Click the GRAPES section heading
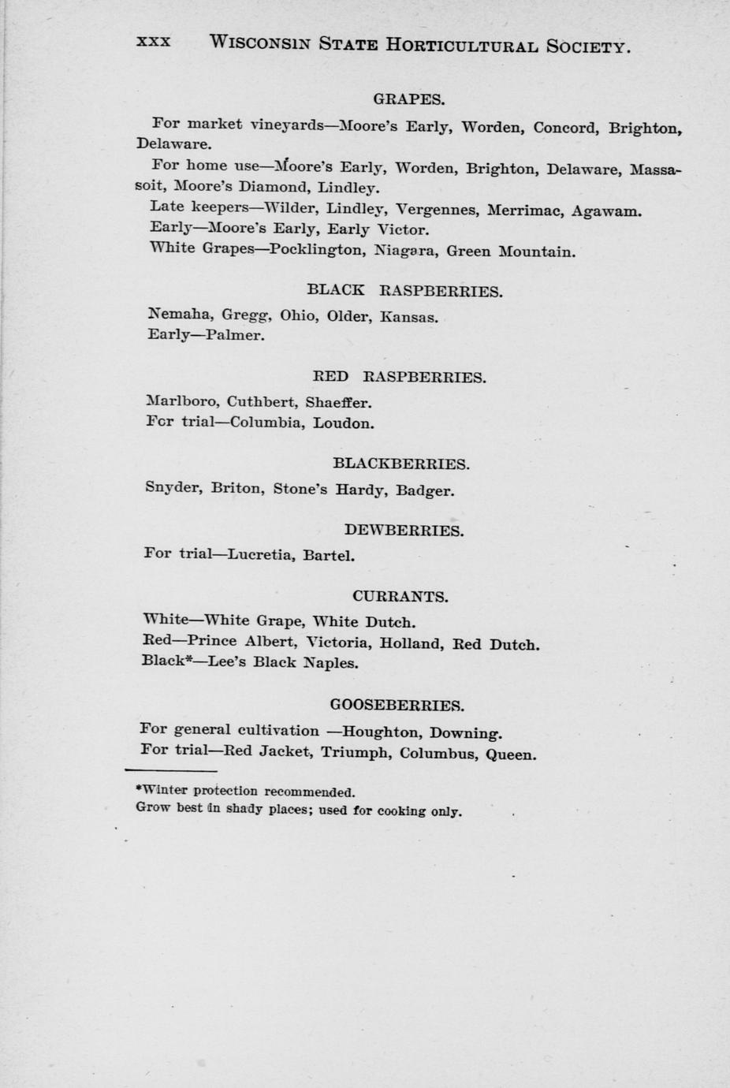408,99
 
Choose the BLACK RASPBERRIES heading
404,291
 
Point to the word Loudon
343,423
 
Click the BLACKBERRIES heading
400,464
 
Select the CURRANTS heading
400,597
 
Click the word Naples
330,663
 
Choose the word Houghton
380,732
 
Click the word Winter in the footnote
162,790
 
